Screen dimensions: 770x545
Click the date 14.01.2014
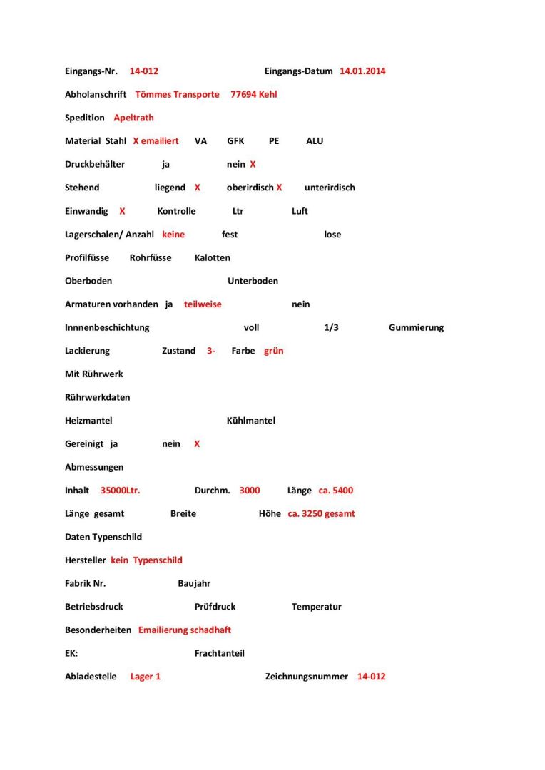coord(362,71)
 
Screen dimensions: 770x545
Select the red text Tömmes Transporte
coord(177,94)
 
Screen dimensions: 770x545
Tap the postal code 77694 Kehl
coord(253,94)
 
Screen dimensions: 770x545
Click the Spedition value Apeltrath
coord(133,118)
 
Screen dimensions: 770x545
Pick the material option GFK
coord(235,141)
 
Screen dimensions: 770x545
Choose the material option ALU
coord(315,141)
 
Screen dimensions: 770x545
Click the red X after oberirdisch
coord(279,188)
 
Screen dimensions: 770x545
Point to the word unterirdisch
coord(330,188)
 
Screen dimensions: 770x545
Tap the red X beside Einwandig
coord(122,211)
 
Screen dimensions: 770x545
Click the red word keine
coord(173,235)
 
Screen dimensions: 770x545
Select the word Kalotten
coord(212,257)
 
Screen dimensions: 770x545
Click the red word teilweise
coord(203,304)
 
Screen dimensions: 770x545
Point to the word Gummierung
coord(416,328)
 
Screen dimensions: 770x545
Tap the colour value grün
coord(273,351)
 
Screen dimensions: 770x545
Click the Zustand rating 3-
coord(211,351)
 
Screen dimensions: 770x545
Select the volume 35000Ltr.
coord(121,491)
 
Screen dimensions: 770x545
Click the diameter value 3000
coord(250,491)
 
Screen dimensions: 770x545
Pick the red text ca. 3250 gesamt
coord(321,514)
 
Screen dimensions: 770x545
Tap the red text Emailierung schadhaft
coord(185,630)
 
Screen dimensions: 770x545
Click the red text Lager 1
coord(146,677)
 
